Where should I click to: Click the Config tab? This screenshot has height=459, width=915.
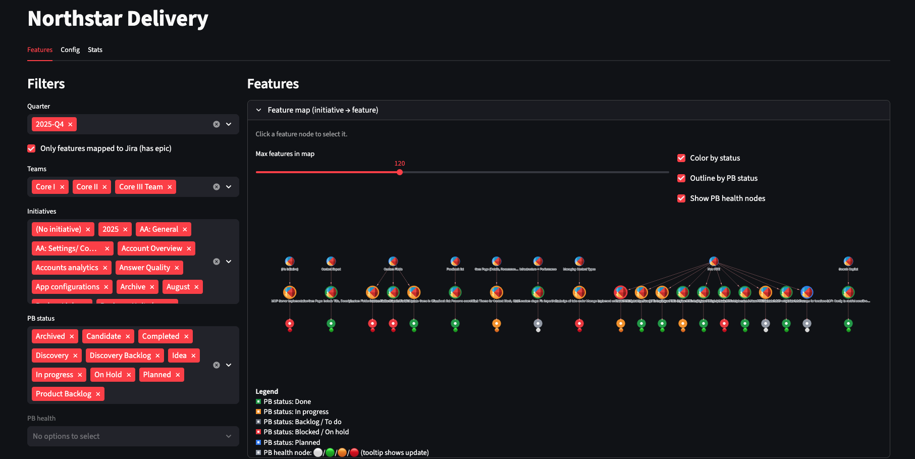tap(70, 49)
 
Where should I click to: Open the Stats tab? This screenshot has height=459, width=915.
tap(95, 49)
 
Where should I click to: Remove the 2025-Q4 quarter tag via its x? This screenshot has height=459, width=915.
tap(70, 124)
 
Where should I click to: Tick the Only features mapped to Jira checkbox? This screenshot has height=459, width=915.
tap(31, 148)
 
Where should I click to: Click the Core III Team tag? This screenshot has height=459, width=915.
tap(141, 187)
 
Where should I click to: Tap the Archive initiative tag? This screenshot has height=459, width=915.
tap(133, 287)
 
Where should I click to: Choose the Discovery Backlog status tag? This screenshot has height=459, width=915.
tap(120, 355)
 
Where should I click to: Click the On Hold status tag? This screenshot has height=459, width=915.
tap(108, 375)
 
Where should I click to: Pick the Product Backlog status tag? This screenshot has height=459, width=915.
tap(64, 394)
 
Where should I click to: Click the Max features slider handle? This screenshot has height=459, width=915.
tap(400, 172)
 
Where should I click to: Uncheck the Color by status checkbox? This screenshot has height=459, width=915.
tap(681, 158)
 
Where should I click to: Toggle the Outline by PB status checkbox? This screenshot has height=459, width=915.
tap(681, 178)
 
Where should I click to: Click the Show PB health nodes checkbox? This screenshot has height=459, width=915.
tap(681, 198)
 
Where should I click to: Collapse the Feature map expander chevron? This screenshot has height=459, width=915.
tap(259, 110)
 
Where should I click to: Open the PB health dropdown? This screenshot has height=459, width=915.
tap(133, 436)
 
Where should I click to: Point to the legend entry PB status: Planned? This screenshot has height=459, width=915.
tap(291, 442)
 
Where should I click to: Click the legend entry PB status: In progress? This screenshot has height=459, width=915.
tap(296, 412)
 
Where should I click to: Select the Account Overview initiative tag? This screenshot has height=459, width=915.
tap(151, 248)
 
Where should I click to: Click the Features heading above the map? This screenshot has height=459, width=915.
tap(273, 84)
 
